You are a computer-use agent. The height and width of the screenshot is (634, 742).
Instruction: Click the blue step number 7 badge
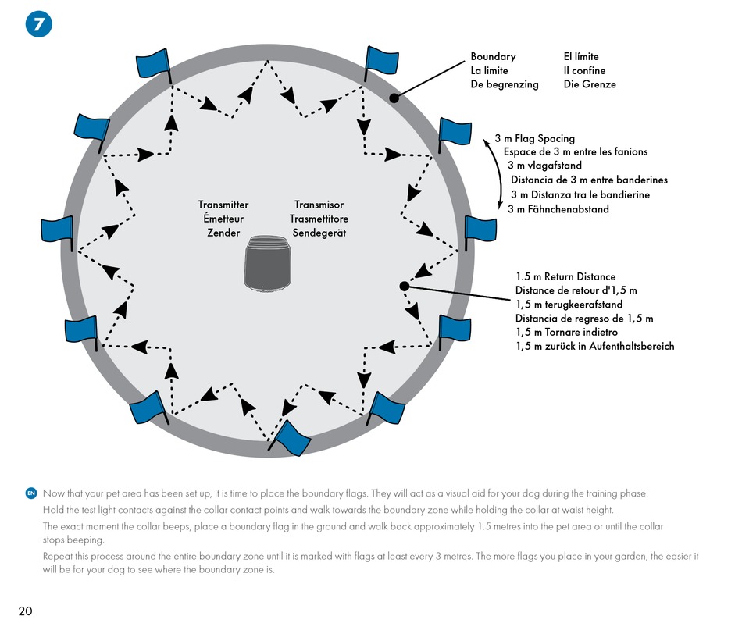(39, 25)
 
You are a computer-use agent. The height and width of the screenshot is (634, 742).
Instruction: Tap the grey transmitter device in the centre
(267, 264)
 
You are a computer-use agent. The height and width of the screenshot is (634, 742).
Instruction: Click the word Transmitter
(223, 205)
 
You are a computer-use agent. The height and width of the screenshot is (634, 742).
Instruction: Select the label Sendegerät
(319, 233)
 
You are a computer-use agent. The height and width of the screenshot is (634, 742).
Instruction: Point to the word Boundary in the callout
(493, 57)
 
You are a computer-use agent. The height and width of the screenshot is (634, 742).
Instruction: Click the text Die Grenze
(590, 84)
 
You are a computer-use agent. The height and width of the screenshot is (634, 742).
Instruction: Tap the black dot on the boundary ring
(394, 98)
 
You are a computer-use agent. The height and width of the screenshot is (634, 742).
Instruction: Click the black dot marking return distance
(404, 286)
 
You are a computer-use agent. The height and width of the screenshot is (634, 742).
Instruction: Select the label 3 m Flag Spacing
(535, 139)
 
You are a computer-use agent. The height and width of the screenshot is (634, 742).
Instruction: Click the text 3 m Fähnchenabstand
(558, 209)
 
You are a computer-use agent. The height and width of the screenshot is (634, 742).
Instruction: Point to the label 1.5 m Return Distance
(566, 276)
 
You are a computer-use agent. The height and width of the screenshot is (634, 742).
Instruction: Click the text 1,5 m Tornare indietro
(567, 332)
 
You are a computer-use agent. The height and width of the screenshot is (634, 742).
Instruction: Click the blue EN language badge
(31, 493)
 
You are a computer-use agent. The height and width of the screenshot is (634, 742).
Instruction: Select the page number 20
(25, 611)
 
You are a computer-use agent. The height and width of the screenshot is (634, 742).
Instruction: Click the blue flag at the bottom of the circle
(290, 438)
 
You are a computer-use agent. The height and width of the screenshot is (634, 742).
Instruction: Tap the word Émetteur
(223, 219)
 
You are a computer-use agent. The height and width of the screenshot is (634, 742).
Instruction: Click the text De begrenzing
(505, 84)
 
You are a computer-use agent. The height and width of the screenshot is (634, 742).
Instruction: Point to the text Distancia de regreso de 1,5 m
(584, 319)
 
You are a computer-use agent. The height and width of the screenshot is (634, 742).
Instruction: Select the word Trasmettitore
(319, 219)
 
